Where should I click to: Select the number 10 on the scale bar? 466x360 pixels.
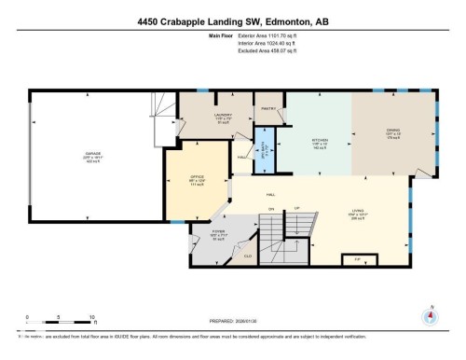[x=91, y=317]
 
